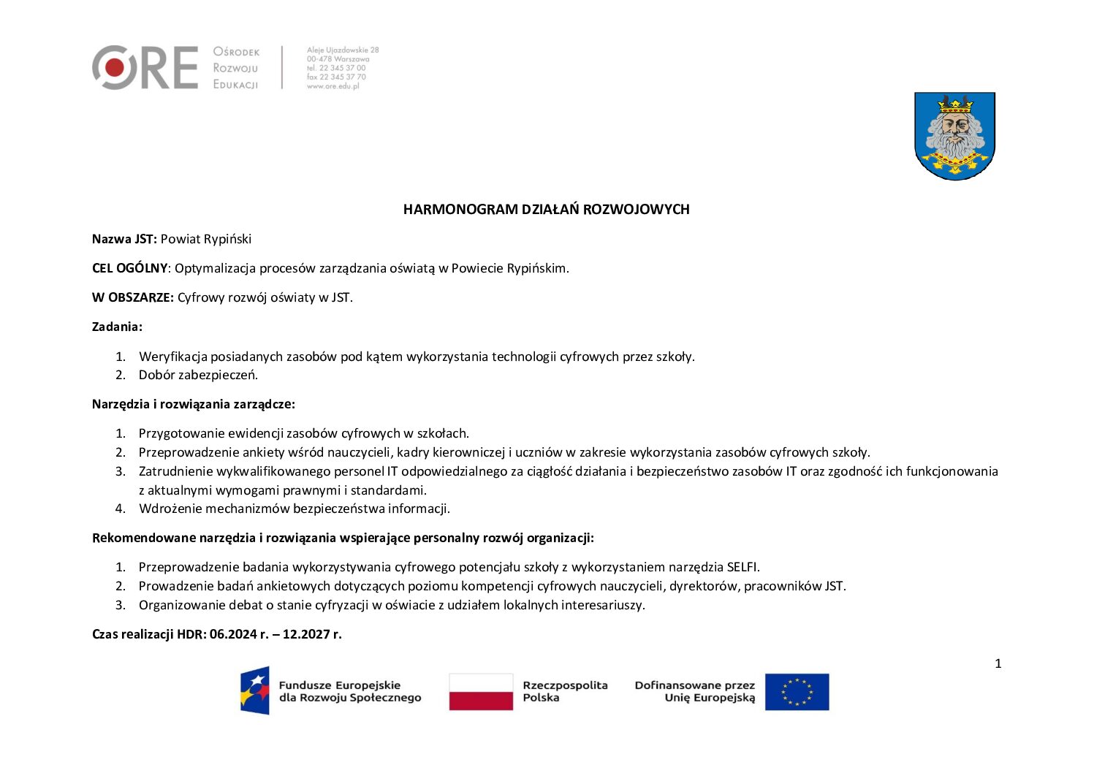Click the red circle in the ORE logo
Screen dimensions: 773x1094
coord(114,68)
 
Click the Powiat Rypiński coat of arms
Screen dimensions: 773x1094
coord(954,136)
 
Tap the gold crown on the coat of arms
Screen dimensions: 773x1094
coord(955,104)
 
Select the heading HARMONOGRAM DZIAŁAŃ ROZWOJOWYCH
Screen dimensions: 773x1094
coord(546,210)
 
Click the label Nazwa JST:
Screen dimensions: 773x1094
coord(124,239)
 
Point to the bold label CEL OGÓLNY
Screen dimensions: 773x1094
coord(129,268)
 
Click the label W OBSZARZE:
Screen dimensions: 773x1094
coord(132,297)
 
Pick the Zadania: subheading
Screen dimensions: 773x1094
coord(117,327)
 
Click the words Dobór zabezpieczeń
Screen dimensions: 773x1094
coord(198,376)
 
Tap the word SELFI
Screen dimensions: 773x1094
coord(742,567)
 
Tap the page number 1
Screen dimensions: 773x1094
coord(998,663)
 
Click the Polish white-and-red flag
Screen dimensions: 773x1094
coord(481,691)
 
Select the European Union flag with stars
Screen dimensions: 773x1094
coord(797,691)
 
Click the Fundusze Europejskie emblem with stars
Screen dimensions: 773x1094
coord(255,690)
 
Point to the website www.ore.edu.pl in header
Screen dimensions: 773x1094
coord(333,86)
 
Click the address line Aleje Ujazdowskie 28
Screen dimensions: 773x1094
coord(343,50)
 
